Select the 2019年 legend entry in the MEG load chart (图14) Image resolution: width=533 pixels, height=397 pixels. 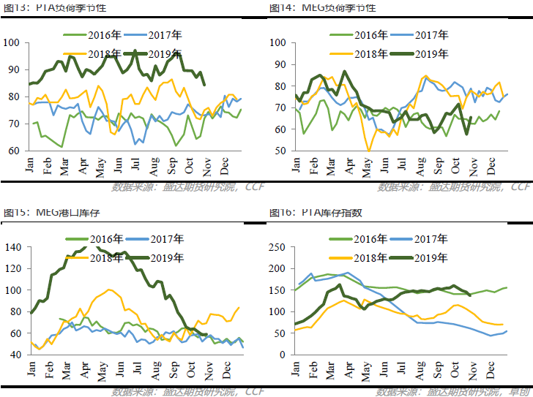pyautogui.click(x=433, y=53)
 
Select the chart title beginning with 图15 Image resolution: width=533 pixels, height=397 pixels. pyautogui.click(x=54, y=213)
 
